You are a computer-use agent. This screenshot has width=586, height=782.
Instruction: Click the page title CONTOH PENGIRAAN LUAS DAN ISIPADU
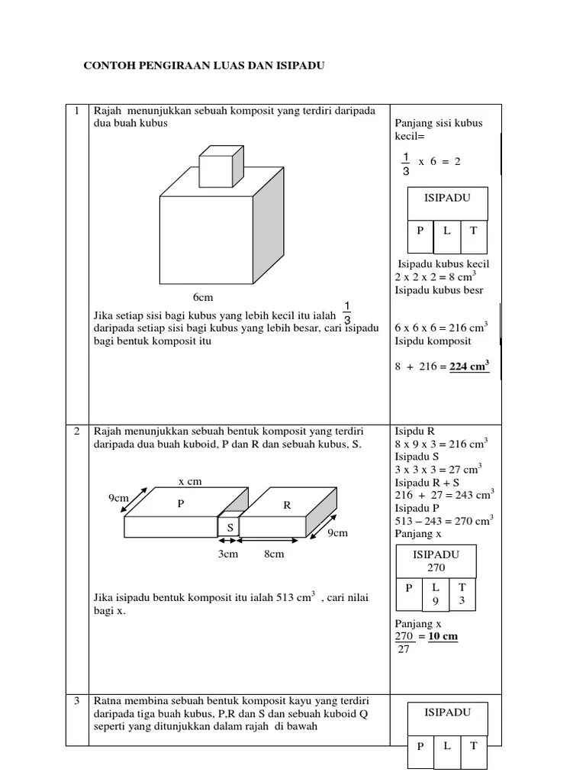pyautogui.click(x=204, y=66)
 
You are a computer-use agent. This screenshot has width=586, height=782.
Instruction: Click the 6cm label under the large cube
pyautogui.click(x=203, y=296)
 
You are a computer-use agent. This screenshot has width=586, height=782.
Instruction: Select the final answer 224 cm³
pyautogui.click(x=468, y=367)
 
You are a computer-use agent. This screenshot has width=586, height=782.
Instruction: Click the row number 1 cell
pyautogui.click(x=77, y=111)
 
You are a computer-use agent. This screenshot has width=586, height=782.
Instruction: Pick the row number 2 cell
pyautogui.click(x=77, y=431)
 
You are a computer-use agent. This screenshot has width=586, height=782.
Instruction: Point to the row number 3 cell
pyautogui.click(x=77, y=700)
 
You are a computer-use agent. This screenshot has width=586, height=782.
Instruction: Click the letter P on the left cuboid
pyautogui.click(x=181, y=503)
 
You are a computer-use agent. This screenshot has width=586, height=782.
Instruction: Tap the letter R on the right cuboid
pyautogui.click(x=287, y=504)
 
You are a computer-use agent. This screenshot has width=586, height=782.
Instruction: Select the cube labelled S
pyautogui.click(x=230, y=527)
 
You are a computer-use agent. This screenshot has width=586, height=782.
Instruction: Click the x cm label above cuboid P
pyautogui.click(x=190, y=481)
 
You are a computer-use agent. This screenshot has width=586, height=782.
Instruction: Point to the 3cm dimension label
pyautogui.click(x=229, y=554)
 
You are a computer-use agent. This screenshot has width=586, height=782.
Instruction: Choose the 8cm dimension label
pyautogui.click(x=274, y=554)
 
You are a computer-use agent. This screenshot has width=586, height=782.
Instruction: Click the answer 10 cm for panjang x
pyautogui.click(x=443, y=636)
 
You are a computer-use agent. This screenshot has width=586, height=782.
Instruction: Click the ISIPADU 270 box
pyautogui.click(x=436, y=561)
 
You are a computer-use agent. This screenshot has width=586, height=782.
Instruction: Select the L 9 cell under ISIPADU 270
pyautogui.click(x=436, y=594)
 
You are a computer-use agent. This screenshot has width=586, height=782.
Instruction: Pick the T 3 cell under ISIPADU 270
pyautogui.click(x=462, y=594)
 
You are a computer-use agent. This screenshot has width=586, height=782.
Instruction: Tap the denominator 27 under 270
pyautogui.click(x=404, y=649)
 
